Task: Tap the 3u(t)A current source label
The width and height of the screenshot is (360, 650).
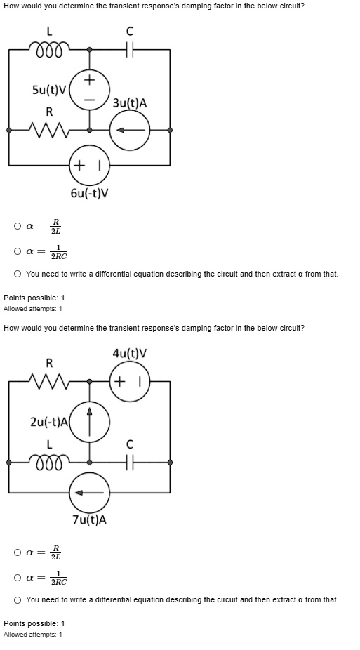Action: pyautogui.click(x=130, y=103)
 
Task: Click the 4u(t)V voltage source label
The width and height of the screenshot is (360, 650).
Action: pyautogui.click(x=129, y=354)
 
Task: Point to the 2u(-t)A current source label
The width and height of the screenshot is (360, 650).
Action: pyautogui.click(x=48, y=422)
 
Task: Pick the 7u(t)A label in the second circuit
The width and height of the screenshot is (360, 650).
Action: pyautogui.click(x=90, y=519)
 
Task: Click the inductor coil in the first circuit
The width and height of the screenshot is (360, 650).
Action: pyautogui.click(x=49, y=50)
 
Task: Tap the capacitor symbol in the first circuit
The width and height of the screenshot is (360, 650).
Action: pyautogui.click(x=129, y=50)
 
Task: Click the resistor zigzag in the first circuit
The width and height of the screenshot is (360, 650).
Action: pyautogui.click(x=49, y=129)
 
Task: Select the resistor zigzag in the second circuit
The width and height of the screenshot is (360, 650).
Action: pyautogui.click(x=49, y=381)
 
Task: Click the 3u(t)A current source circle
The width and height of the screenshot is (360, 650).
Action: pyautogui.click(x=129, y=130)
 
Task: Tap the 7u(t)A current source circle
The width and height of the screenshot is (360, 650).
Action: pyautogui.click(x=89, y=493)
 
